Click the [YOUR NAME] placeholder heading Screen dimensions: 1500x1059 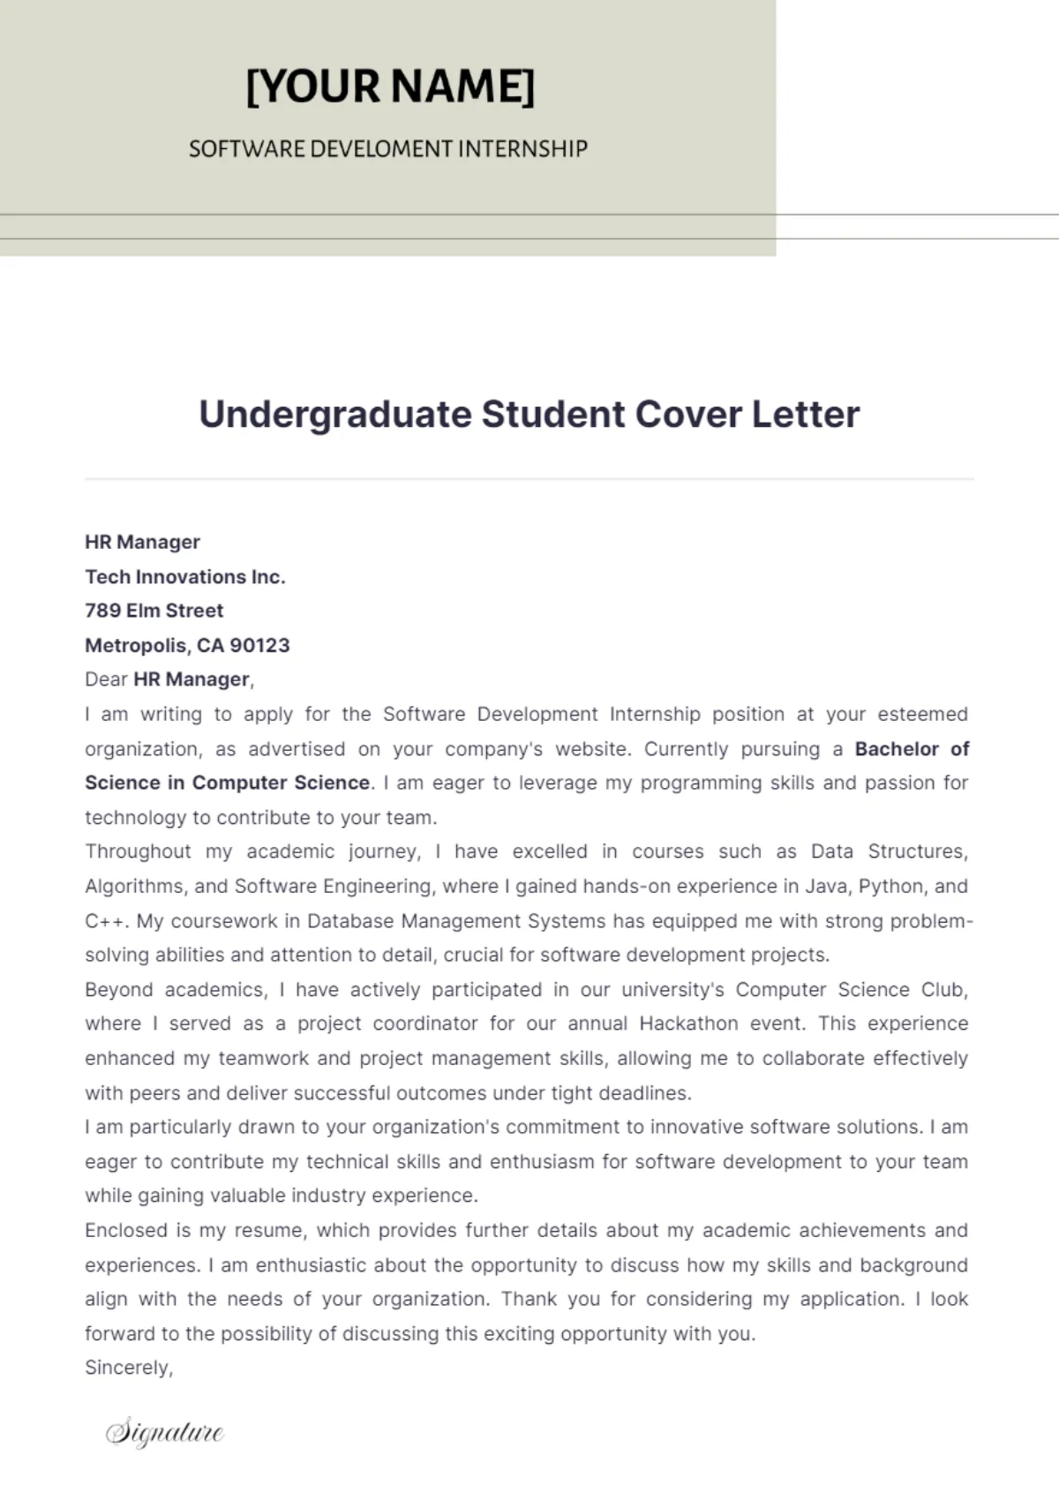(x=390, y=86)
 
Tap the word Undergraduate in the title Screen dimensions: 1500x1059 (x=335, y=415)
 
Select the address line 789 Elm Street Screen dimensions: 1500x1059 (x=154, y=611)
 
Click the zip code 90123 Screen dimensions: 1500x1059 (x=259, y=645)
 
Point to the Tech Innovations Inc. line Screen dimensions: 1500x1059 (x=184, y=576)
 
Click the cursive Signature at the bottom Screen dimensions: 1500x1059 (x=165, y=1431)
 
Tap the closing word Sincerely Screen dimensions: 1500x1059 (x=127, y=1368)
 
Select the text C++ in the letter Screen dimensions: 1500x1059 (x=106, y=921)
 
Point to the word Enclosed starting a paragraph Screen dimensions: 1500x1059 (x=125, y=1230)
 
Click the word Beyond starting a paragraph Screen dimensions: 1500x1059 (x=119, y=989)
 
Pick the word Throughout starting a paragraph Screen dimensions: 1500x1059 (x=138, y=851)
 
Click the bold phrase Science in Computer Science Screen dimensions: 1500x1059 (x=227, y=783)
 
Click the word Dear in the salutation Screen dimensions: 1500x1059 (x=106, y=679)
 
